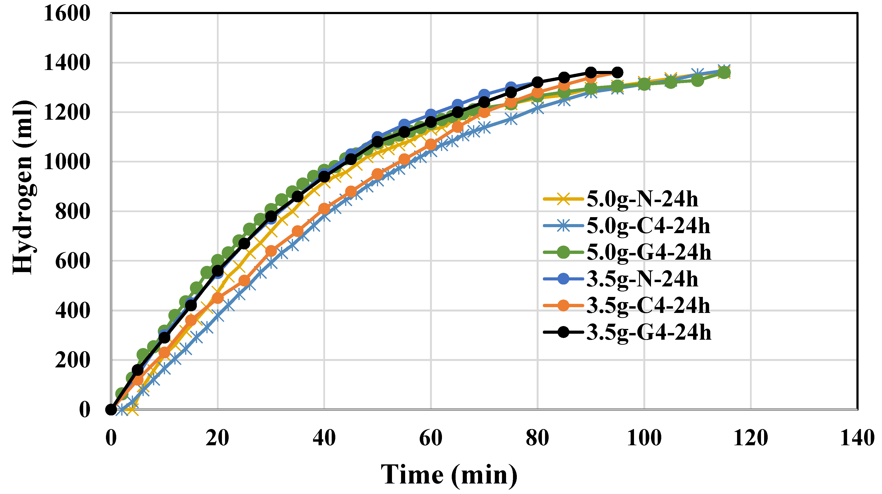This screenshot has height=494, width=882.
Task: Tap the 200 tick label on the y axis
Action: (73, 360)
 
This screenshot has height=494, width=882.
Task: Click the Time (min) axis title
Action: (449, 475)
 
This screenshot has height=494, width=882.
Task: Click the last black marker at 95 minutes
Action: (617, 73)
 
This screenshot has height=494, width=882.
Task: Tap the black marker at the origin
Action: (111, 409)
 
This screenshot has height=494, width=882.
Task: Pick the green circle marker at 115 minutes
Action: (723, 73)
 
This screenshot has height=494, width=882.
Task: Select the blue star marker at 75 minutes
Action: (511, 119)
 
